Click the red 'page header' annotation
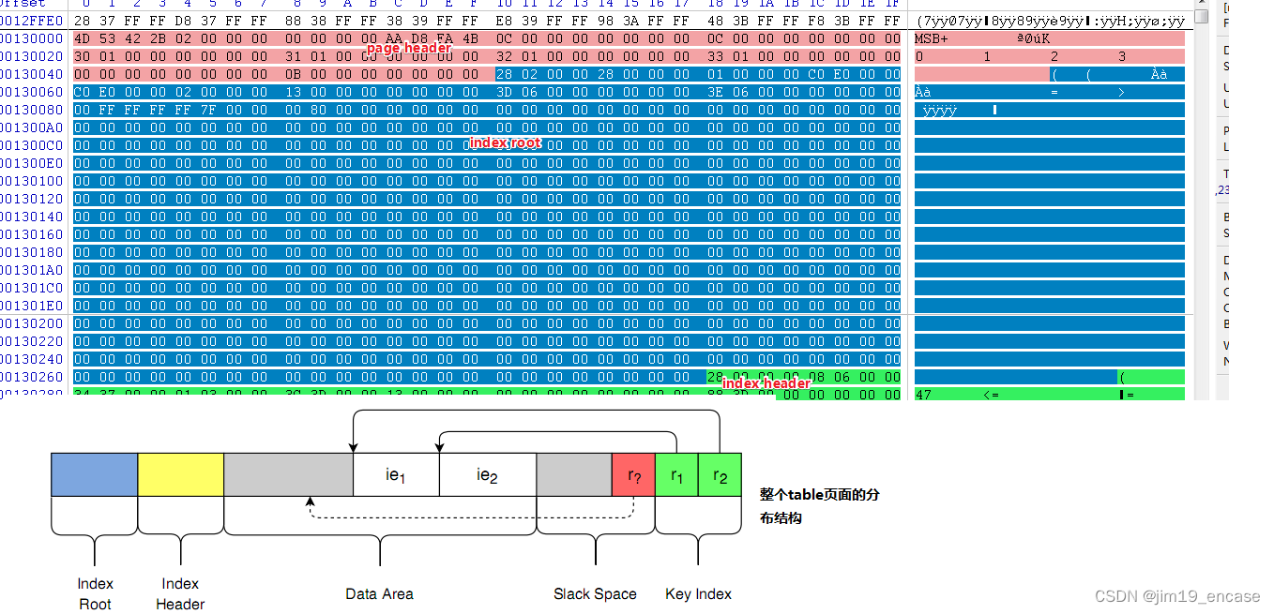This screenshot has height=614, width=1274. [408, 48]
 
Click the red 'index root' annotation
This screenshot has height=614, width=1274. [505, 142]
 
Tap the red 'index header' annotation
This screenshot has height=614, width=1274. [766, 383]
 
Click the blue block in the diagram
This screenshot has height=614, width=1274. [94, 474]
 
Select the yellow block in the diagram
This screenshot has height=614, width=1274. [180, 474]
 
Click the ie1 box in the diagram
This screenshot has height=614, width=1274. [395, 474]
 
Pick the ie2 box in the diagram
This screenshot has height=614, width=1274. [486, 474]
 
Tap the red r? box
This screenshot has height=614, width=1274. [633, 474]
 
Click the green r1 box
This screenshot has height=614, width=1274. [676, 474]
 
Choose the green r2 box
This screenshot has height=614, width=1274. [720, 474]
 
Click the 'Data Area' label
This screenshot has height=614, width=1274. [379, 593]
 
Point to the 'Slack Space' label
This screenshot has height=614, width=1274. [595, 593]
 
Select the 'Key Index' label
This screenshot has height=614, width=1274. [698, 593]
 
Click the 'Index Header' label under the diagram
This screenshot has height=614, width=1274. [180, 593]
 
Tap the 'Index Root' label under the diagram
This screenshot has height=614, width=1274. [95, 593]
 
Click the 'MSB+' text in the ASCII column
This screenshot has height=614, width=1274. [932, 38]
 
